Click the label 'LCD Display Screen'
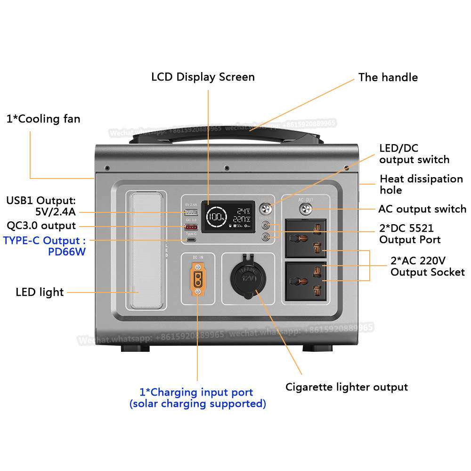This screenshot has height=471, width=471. tap(203, 77)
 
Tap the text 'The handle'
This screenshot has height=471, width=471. tap(388, 77)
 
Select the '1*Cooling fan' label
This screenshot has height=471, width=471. tap(43, 119)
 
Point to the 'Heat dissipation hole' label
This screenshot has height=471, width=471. tap(421, 184)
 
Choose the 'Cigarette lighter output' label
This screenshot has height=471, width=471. tap(346, 387)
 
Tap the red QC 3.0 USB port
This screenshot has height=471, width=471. tap(191, 227)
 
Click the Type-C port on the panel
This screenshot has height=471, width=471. tap(191, 240)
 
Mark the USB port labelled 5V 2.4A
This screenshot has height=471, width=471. tap(191, 212)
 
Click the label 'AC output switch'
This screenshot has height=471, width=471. tap(422, 209)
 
